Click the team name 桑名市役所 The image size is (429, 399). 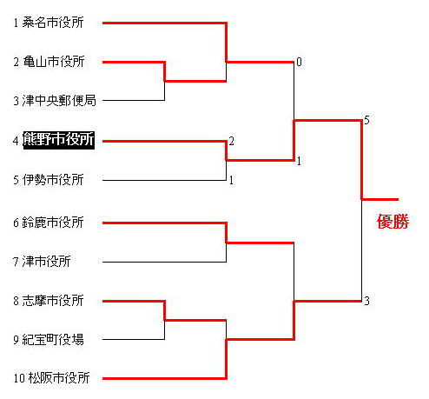click(53, 23)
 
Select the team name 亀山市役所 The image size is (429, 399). click(54, 62)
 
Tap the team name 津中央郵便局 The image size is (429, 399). click(59, 101)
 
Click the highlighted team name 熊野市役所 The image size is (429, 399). click(59, 140)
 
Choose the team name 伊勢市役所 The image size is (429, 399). click(53, 180)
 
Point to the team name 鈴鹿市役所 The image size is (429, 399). click(53, 223)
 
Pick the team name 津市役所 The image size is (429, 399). click(46, 261)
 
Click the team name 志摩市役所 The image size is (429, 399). click(53, 301)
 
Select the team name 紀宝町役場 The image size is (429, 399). click(53, 340)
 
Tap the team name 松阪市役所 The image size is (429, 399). click(59, 378)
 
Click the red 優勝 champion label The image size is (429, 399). click(393, 222)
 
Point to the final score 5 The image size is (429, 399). click(366, 120)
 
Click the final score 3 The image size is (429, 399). click(366, 301)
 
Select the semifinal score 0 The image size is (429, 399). click(299, 62)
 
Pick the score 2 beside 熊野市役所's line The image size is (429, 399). click(231, 141)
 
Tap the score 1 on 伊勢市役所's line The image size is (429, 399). click(231, 180)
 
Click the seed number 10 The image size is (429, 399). click(19, 378)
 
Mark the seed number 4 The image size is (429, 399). click(16, 141)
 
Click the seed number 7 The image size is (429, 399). click(16, 262)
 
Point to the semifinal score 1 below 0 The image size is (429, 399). click(299, 161)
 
